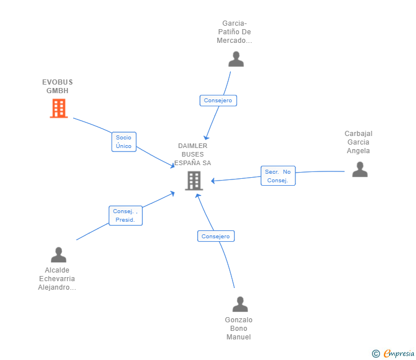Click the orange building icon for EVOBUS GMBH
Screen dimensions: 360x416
pyautogui.click(x=59, y=108)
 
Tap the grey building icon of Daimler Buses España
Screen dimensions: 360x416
pyautogui.click(x=194, y=181)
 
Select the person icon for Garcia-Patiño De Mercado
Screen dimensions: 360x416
pyautogui.click(x=236, y=59)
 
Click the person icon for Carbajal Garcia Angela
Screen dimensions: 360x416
pyautogui.click(x=359, y=169)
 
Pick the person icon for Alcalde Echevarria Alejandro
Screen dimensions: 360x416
pyautogui.click(x=58, y=255)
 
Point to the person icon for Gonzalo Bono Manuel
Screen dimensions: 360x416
pyautogui.click(x=240, y=304)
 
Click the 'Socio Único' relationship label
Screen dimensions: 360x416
pyautogui.click(x=123, y=142)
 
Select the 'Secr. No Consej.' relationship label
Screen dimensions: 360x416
pyautogui.click(x=278, y=176)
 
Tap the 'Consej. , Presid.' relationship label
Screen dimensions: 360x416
pyautogui.click(x=125, y=215)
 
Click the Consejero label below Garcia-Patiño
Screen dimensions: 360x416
pyautogui.click(x=218, y=101)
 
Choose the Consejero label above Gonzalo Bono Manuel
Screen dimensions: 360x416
pyautogui.click(x=216, y=236)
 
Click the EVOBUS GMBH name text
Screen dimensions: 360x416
pyautogui.click(x=57, y=86)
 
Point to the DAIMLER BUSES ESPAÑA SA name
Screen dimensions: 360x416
pyautogui.click(x=193, y=154)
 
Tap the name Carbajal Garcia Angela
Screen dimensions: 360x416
pyautogui.click(x=358, y=142)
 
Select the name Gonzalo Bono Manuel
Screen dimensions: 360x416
pyautogui.click(x=238, y=329)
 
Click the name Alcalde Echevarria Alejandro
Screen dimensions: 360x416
pyautogui.click(x=57, y=279)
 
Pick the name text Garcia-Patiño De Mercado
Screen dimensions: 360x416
pyautogui.click(x=234, y=32)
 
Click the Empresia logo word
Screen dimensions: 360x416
pyautogui.click(x=399, y=353)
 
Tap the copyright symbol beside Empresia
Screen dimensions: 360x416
pyautogui.click(x=376, y=354)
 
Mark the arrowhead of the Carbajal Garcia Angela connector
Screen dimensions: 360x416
pyautogui.click(x=213, y=181)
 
